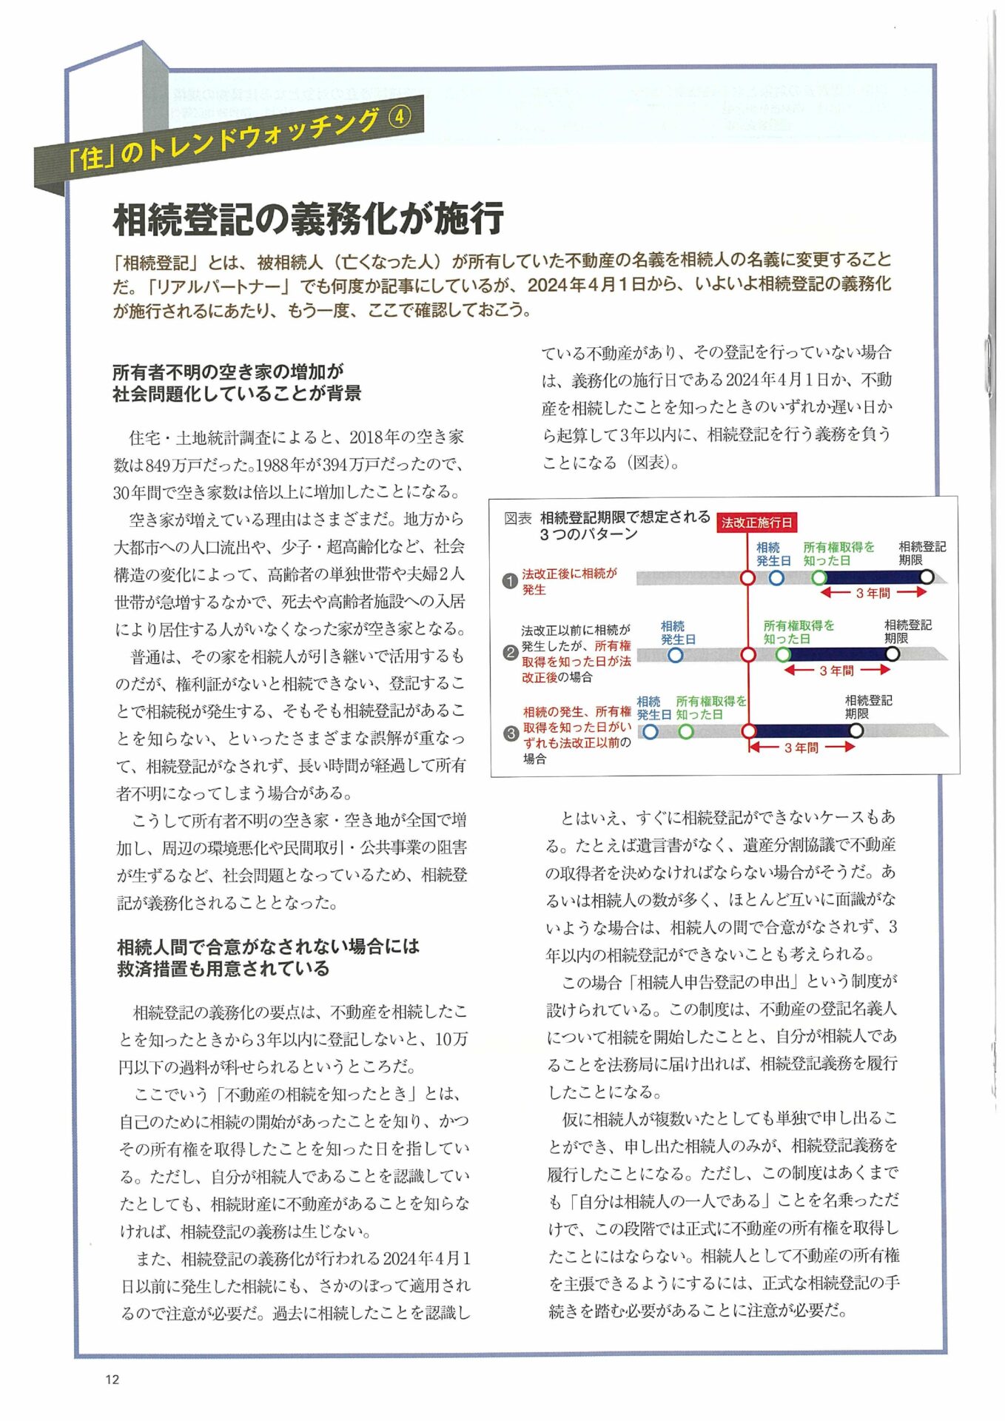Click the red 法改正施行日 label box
(756, 522)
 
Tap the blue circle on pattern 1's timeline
(776, 577)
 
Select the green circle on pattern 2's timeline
(783, 654)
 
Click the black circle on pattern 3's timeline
(856, 730)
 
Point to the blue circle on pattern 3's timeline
(650, 731)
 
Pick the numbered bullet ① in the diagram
(509, 581)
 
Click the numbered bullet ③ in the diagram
(511, 733)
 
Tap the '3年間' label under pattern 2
(836, 671)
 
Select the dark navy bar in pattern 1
(873, 577)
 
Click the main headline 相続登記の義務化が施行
(308, 219)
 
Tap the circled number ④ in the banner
(399, 116)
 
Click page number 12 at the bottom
(112, 1379)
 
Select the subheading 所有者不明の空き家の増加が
(228, 372)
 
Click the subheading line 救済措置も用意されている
(223, 969)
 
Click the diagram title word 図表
(517, 518)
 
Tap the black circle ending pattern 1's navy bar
(926, 577)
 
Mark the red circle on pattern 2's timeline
(748, 654)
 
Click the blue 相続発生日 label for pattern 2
(677, 633)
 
